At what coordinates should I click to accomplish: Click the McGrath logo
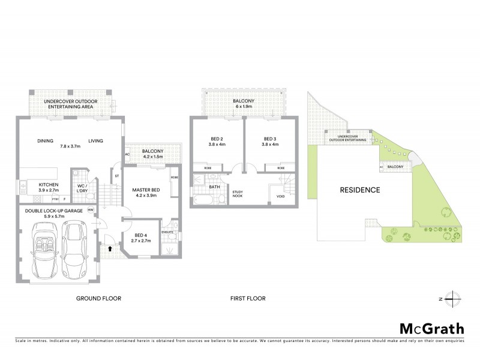[x=431, y=328]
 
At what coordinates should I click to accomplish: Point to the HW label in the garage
[x=90, y=209]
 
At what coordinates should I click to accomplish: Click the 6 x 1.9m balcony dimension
[x=244, y=107]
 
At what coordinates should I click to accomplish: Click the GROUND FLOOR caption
[x=99, y=298]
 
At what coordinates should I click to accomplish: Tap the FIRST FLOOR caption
[x=248, y=298]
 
